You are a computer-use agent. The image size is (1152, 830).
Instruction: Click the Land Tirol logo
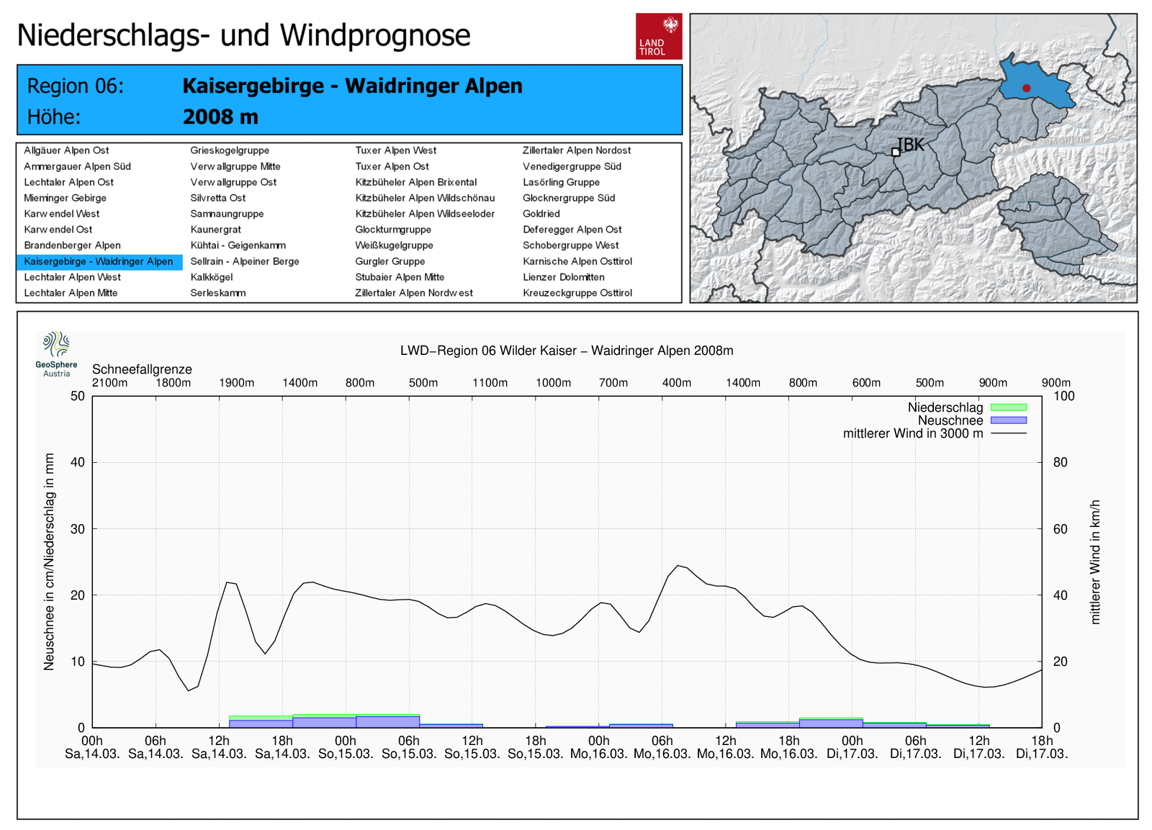click(x=658, y=36)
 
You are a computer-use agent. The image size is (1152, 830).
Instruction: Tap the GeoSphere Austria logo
click(x=56, y=353)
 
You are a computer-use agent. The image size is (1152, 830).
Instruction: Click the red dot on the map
click(x=1026, y=89)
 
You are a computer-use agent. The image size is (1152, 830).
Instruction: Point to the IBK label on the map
click(x=910, y=145)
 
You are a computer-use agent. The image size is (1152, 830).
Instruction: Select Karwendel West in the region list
click(x=62, y=214)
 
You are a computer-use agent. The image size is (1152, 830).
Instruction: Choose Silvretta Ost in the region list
click(x=217, y=198)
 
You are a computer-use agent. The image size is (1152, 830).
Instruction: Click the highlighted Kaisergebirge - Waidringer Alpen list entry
click(x=99, y=261)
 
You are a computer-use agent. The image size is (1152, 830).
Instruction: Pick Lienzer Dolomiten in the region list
click(x=563, y=277)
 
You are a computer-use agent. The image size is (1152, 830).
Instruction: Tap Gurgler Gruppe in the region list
click(x=390, y=261)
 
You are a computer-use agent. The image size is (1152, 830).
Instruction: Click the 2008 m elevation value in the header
click(x=220, y=117)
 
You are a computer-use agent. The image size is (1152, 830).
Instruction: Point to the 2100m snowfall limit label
click(x=109, y=383)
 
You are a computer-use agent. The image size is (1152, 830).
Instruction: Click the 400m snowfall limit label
click(x=676, y=383)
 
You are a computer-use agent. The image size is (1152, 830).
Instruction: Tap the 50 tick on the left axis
click(x=78, y=396)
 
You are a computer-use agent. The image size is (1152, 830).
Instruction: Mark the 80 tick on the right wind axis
click(x=1060, y=462)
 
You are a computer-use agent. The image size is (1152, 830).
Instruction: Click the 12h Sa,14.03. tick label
click(x=219, y=747)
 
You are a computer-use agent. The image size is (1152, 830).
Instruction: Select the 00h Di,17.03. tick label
click(x=852, y=747)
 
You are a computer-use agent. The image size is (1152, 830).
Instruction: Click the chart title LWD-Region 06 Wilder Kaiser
click(x=567, y=351)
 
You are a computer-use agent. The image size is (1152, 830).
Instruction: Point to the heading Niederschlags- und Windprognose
click(x=243, y=35)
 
